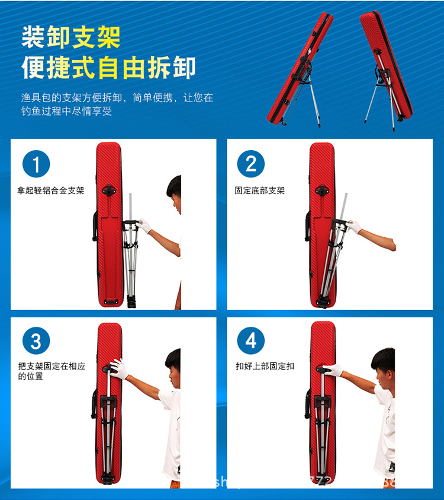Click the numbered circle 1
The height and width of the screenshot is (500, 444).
click(x=36, y=164)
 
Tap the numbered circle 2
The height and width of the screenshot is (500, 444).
click(x=251, y=164)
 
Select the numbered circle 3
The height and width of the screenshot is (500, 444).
click(x=36, y=342)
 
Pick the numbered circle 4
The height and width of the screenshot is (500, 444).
click(x=251, y=342)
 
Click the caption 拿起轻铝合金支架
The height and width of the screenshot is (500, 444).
click(x=51, y=191)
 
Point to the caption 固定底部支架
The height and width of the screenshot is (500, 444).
click(x=260, y=191)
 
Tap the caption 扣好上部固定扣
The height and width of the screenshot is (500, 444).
click(x=265, y=367)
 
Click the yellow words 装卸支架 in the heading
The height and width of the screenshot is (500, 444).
click(x=71, y=37)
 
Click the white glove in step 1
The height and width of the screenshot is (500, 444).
click(x=143, y=225)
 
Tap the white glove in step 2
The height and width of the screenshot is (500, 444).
click(x=354, y=226)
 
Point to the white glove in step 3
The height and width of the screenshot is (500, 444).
click(x=119, y=369)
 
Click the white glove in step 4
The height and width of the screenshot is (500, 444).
click(x=333, y=370)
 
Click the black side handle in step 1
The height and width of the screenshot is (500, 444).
click(x=95, y=226)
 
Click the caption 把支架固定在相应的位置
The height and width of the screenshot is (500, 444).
click(x=52, y=371)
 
